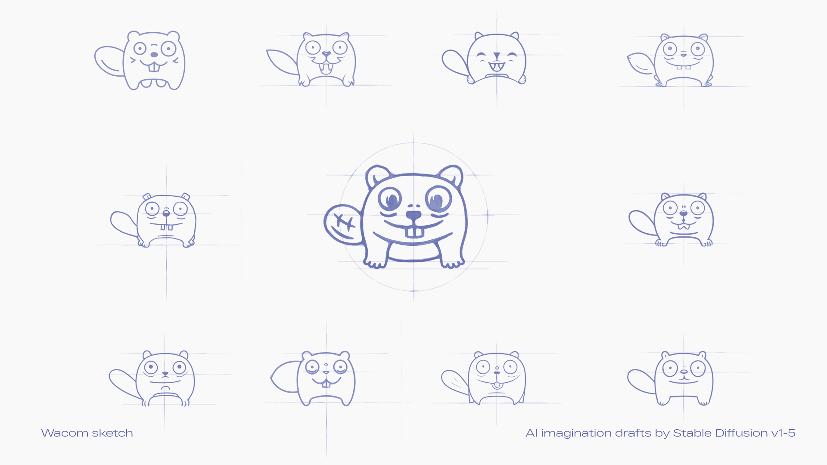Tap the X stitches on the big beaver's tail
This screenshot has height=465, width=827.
[x=345, y=222]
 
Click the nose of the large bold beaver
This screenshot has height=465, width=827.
[x=413, y=215]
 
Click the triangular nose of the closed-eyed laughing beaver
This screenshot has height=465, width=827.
[x=497, y=56]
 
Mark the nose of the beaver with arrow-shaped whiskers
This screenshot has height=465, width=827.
[x=154, y=55]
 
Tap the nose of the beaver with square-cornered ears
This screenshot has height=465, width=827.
[x=166, y=213]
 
